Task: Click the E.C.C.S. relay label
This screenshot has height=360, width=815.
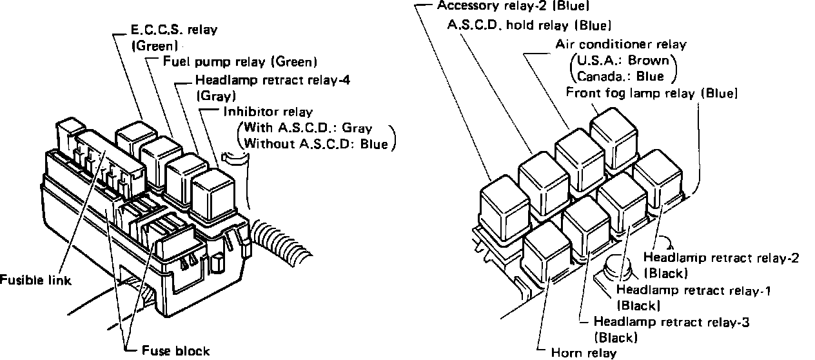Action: tap(164, 30)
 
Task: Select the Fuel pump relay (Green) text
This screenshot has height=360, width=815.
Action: tap(239, 63)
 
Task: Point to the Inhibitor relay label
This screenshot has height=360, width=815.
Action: tap(268, 112)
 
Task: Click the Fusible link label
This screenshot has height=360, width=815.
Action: tap(35, 281)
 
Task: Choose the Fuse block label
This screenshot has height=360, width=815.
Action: tap(175, 351)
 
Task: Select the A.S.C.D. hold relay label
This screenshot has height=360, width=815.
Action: tap(529, 26)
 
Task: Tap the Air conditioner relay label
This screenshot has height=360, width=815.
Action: tap(621, 45)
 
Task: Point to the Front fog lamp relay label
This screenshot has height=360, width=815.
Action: tap(651, 93)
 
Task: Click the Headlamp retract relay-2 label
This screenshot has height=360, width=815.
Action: tap(725, 258)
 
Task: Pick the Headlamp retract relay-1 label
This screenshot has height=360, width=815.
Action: tap(694, 290)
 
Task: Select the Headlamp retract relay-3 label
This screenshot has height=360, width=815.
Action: tap(671, 321)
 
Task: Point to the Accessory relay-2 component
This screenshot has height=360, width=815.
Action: tap(504, 208)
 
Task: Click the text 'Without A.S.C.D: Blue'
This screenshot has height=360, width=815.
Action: tap(316, 144)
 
